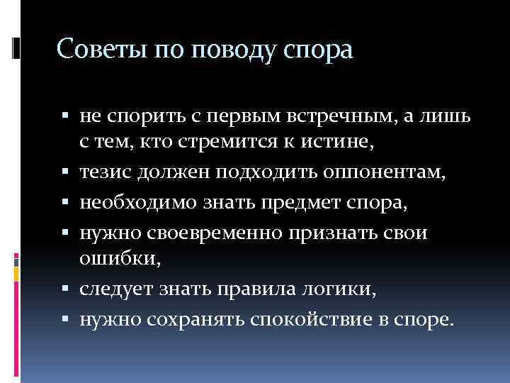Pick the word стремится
click(x=226, y=143)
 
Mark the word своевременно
click(x=216, y=233)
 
